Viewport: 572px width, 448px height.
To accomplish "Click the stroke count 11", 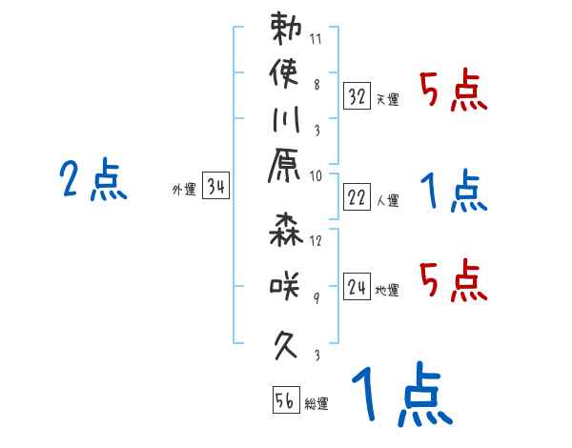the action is pyautogui.click(x=317, y=41).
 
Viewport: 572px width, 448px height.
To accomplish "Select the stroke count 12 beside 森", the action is pyautogui.click(x=316, y=241).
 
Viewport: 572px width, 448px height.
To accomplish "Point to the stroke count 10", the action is pyautogui.click(x=316, y=175).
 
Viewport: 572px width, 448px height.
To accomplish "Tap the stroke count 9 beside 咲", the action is pyautogui.click(x=317, y=297).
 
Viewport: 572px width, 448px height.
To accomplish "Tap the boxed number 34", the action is pyautogui.click(x=215, y=187).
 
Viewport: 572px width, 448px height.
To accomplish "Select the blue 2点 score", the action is pyautogui.click(x=92, y=180).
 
